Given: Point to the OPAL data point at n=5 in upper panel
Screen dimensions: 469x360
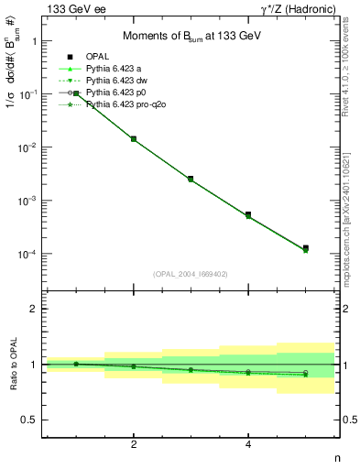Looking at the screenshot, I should click(x=305, y=248).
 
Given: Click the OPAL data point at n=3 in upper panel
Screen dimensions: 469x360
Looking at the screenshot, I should click(x=191, y=179).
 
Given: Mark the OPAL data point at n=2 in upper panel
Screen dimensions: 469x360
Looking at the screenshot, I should click(x=134, y=139).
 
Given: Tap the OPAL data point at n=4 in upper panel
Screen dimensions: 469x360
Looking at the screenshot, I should click(x=248, y=214).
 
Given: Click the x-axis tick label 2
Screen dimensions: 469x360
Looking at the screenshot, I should click(x=134, y=444).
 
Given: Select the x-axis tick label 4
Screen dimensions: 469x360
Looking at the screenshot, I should click(x=248, y=444).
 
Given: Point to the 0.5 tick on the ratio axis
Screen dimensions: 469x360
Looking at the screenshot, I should click(x=32, y=420).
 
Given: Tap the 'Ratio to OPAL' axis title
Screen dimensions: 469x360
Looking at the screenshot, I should click(x=10, y=364).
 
